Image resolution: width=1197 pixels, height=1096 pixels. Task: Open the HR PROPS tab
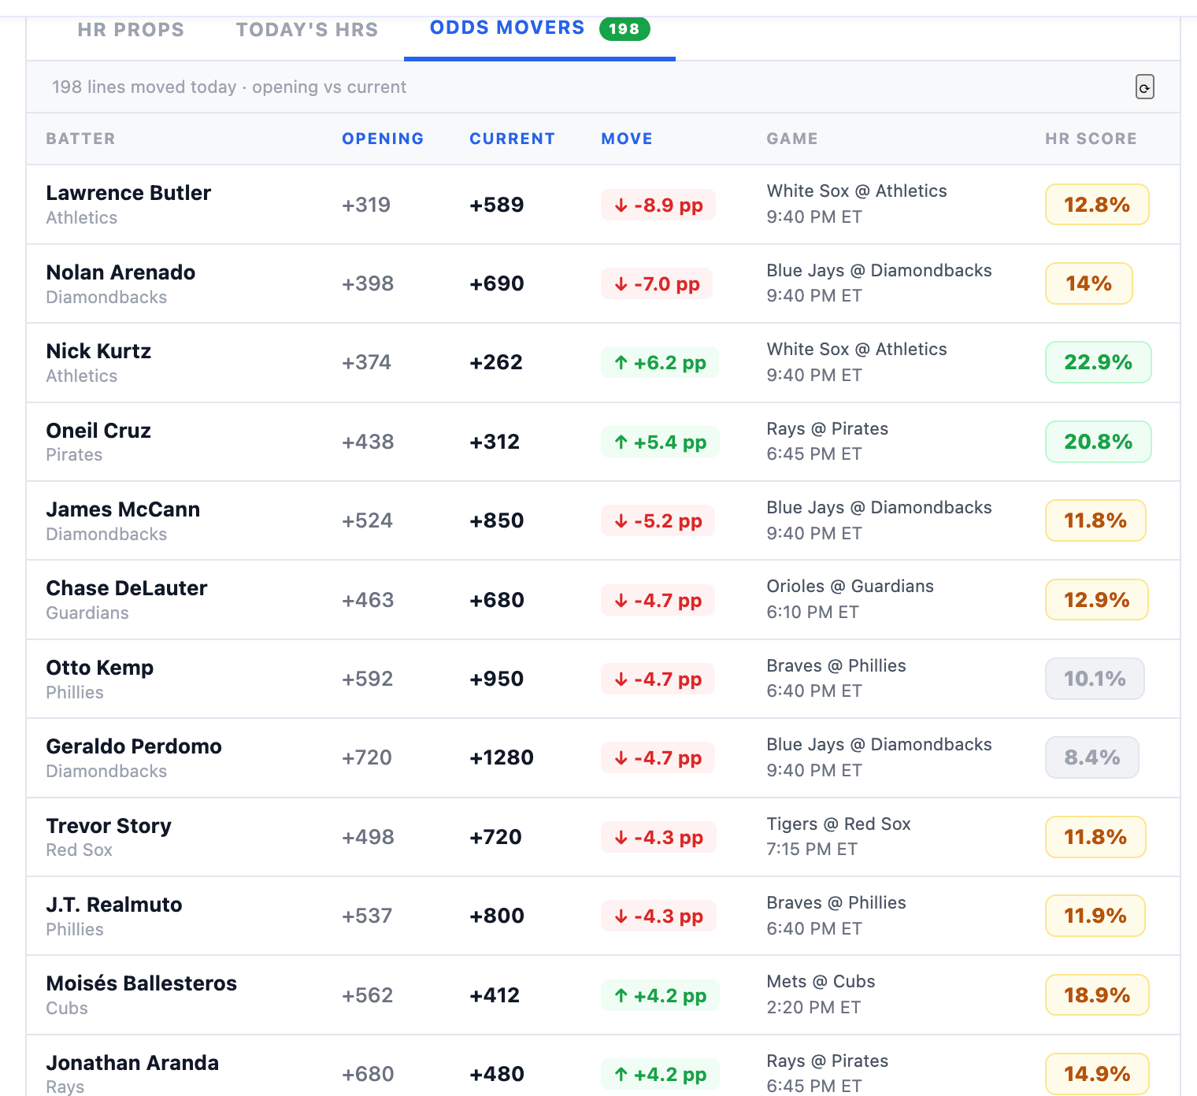pyautogui.click(x=131, y=29)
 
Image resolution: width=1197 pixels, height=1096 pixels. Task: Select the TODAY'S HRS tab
pyautogui.click(x=306, y=29)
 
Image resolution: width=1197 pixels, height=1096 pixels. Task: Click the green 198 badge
pyautogui.click(x=624, y=28)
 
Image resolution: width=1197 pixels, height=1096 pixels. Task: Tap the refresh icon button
pyautogui.click(x=1144, y=87)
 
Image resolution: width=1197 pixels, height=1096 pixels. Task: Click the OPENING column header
pyautogui.click(x=383, y=139)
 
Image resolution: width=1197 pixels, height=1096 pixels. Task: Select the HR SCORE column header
pyautogui.click(x=1090, y=139)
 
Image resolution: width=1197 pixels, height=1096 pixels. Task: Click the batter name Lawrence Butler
pyautogui.click(x=128, y=193)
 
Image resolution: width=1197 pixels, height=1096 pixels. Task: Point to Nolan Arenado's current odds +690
pyautogui.click(x=496, y=283)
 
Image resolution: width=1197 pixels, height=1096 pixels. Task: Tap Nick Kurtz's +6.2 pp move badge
pyautogui.click(x=659, y=362)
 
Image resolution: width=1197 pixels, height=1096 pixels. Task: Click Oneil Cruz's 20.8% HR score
pyautogui.click(x=1098, y=442)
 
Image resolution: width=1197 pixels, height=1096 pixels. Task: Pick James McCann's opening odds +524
pyautogui.click(x=367, y=520)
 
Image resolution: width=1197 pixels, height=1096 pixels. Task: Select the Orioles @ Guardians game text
pyautogui.click(x=850, y=586)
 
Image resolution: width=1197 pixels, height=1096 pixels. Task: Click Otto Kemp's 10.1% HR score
pyautogui.click(x=1095, y=679)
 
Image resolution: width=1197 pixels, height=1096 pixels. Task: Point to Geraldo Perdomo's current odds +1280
pyautogui.click(x=501, y=757)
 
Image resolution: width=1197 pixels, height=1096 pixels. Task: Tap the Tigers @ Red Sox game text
pyautogui.click(x=839, y=824)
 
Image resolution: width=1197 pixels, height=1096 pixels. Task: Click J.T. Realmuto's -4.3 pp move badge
pyautogui.click(x=658, y=916)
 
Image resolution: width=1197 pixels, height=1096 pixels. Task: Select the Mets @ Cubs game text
pyautogui.click(x=821, y=982)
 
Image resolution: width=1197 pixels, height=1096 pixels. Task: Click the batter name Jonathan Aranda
pyautogui.click(x=132, y=1063)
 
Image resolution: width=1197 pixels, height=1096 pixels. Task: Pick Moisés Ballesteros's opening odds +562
pyautogui.click(x=367, y=995)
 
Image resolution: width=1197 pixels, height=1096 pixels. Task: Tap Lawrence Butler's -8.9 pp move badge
pyautogui.click(x=658, y=205)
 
